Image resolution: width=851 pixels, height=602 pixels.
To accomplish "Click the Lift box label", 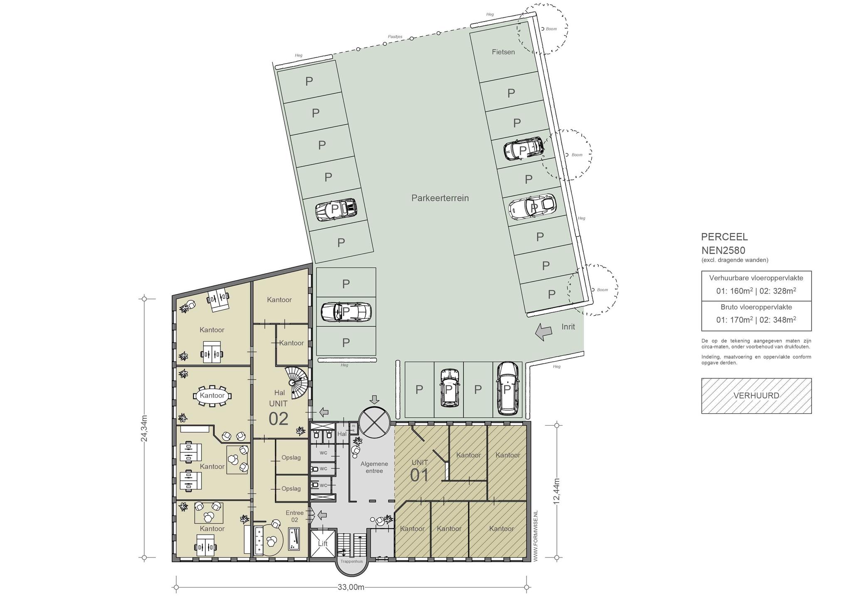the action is tap(322, 543).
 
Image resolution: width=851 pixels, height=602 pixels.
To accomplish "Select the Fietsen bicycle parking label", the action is tap(503, 52).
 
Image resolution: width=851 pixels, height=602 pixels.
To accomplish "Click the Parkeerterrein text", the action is tap(440, 198).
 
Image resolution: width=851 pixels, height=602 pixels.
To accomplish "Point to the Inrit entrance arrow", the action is tap(544, 331).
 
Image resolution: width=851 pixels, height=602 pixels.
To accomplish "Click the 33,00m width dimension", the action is tap(351, 587).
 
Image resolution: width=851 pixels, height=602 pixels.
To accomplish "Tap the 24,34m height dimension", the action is tap(144, 428).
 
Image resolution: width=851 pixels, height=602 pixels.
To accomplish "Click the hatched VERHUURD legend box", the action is tap(756, 396).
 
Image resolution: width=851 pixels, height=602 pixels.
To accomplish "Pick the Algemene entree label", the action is tap(374, 467).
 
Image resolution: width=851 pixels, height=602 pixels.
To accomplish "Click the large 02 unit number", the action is tap(278, 419).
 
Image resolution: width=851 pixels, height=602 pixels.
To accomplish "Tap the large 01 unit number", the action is tap(419, 475).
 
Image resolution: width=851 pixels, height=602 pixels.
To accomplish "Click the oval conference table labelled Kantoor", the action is tap(212, 395).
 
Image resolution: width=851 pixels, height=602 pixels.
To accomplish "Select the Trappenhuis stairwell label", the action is tap(352, 561).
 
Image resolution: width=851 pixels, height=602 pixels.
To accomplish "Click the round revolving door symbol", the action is tap(375, 421).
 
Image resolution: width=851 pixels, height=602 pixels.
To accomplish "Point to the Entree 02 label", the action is tap(294, 516).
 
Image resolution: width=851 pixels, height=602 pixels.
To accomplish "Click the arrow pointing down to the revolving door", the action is tap(374, 400).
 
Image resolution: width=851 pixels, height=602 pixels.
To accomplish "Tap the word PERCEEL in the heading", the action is tap(724, 237).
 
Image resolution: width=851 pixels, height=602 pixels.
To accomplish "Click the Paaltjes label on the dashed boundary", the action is tap(395, 37).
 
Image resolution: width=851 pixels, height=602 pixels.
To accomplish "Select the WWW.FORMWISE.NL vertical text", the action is tap(535, 536).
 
